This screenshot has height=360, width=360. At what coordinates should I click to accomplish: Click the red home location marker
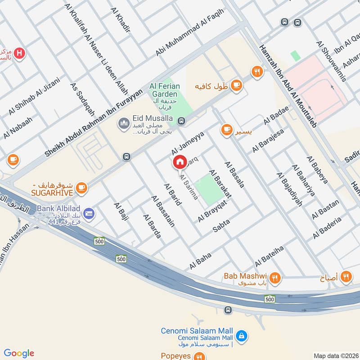tap(180, 162)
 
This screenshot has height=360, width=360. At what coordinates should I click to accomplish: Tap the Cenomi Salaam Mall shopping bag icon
tap(242, 336)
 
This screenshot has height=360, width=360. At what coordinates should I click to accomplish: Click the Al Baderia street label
tap(327, 227)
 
